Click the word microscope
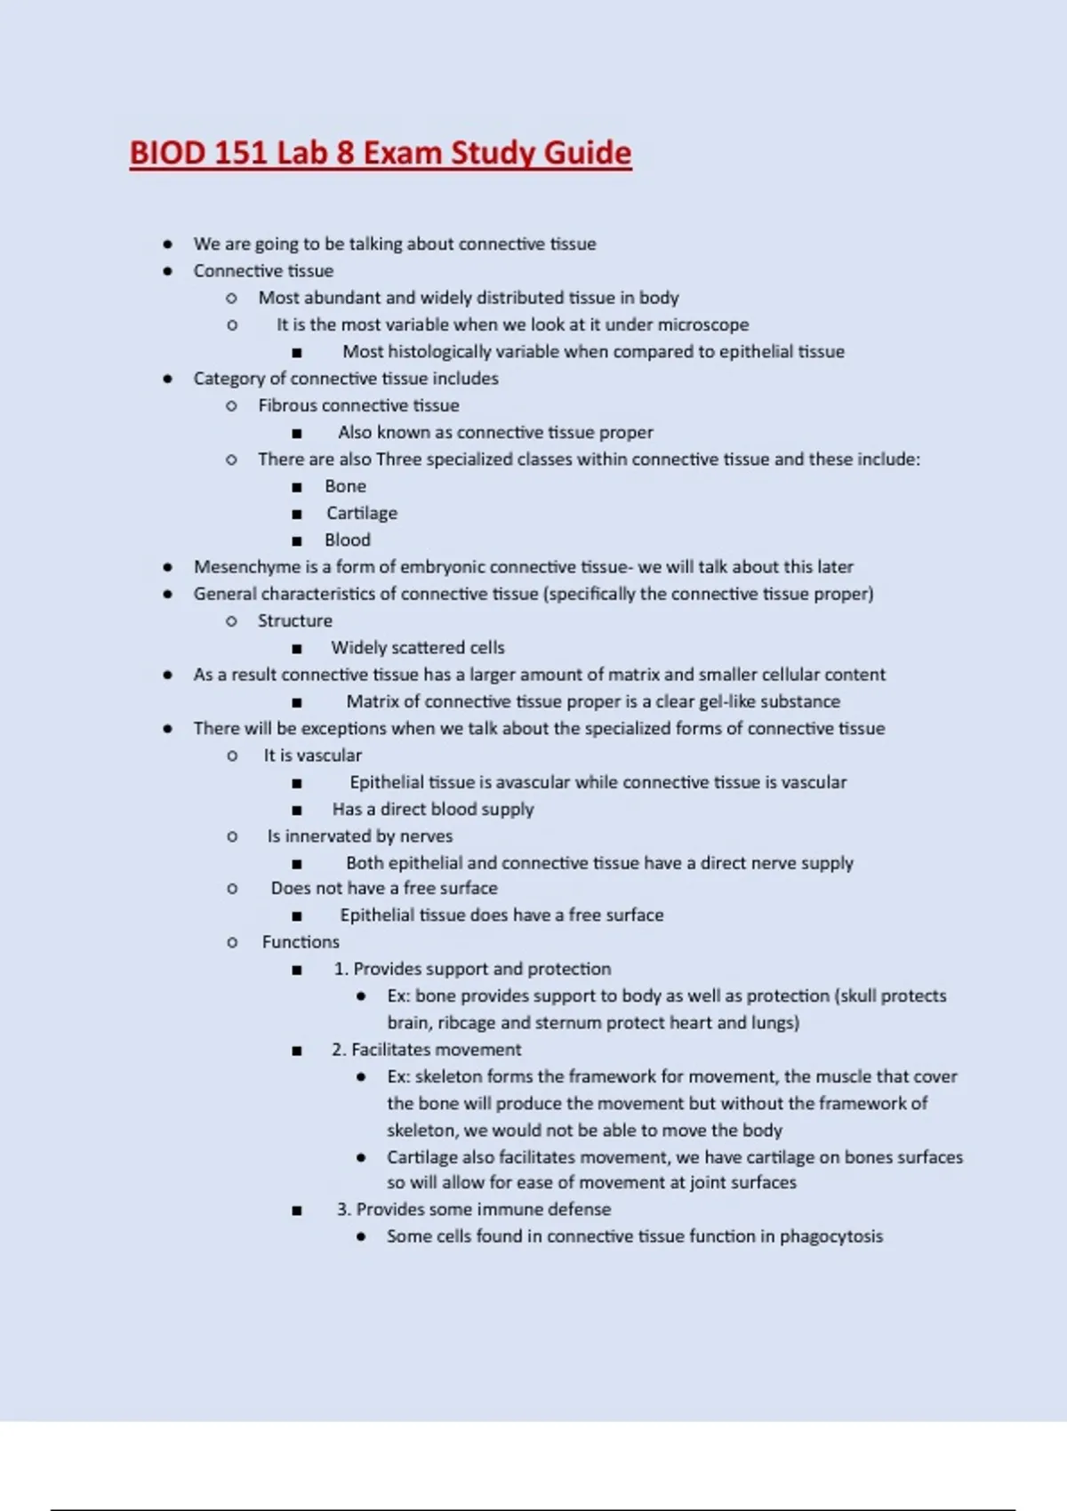702,325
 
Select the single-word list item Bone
345,486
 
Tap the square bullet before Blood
297,541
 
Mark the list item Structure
295,620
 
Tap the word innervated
329,836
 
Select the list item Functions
301,942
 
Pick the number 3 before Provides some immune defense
342,1210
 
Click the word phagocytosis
831,1236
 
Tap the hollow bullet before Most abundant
232,299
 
